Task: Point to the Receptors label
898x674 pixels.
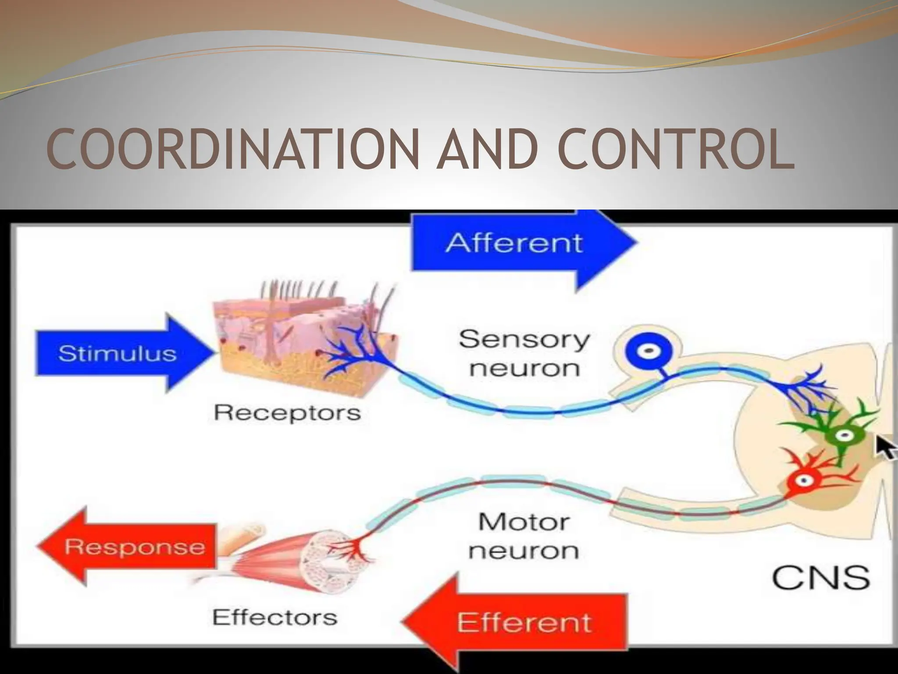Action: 287,413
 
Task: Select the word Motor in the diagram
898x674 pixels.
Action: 524,522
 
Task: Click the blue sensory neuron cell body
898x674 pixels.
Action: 649,351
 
